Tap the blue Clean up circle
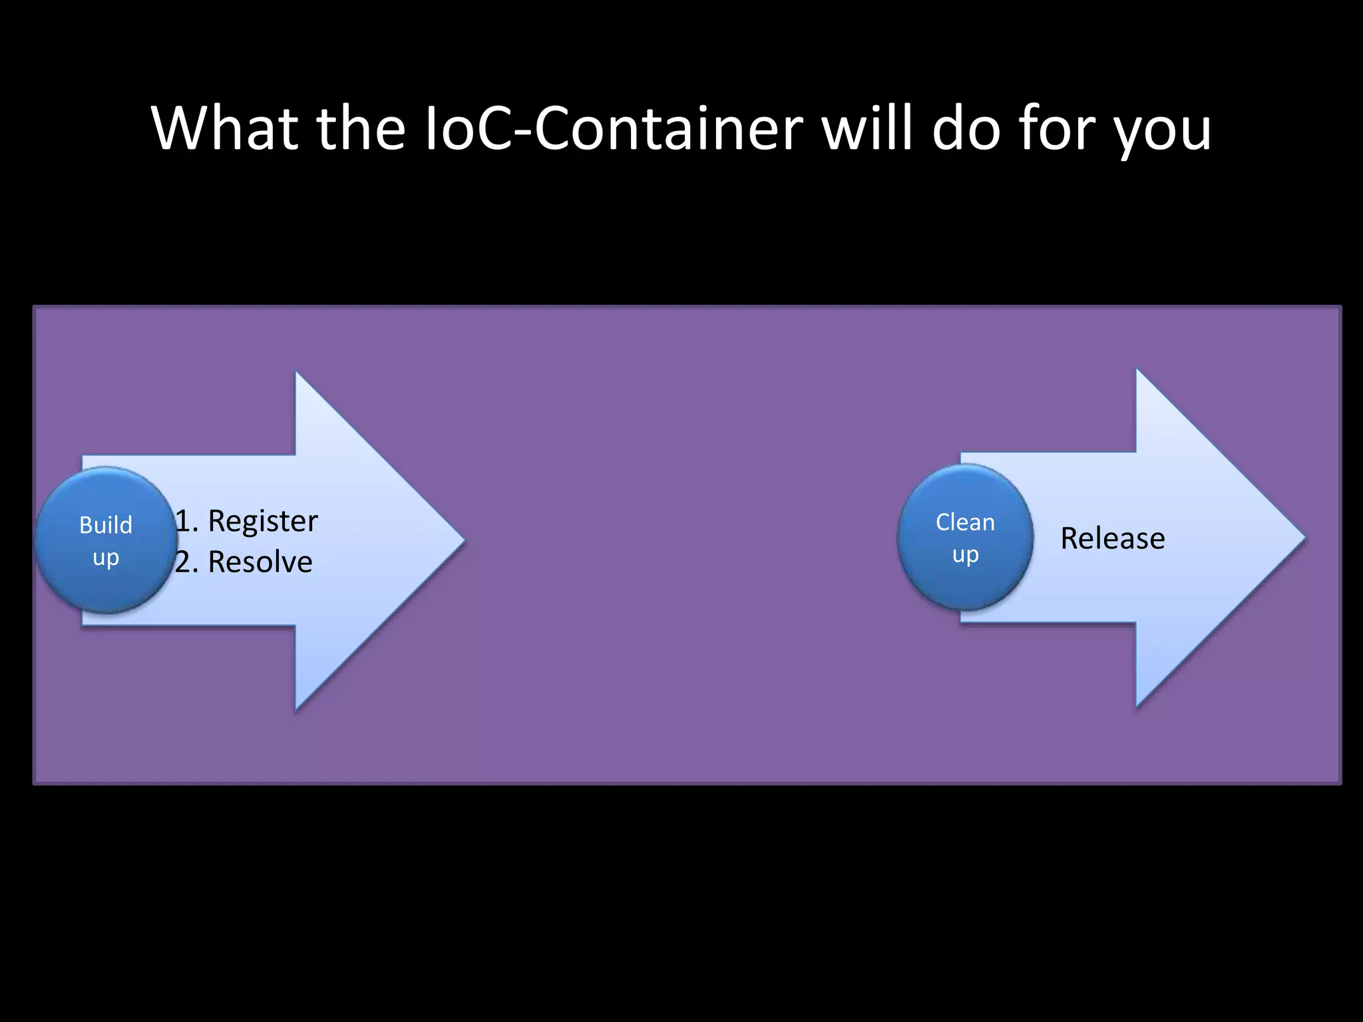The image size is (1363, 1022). coord(965,538)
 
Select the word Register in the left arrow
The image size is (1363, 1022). coord(263,521)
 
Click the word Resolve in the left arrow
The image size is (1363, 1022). coord(260,562)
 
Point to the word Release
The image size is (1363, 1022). coord(1113,538)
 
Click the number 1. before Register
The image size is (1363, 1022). coord(186,521)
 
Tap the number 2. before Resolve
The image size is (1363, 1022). coord(186,562)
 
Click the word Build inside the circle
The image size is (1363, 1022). coord(106,525)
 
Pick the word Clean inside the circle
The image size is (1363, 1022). coord(965,522)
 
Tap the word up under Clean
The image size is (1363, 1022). coord(965,554)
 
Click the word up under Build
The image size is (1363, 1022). coord(106,558)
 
